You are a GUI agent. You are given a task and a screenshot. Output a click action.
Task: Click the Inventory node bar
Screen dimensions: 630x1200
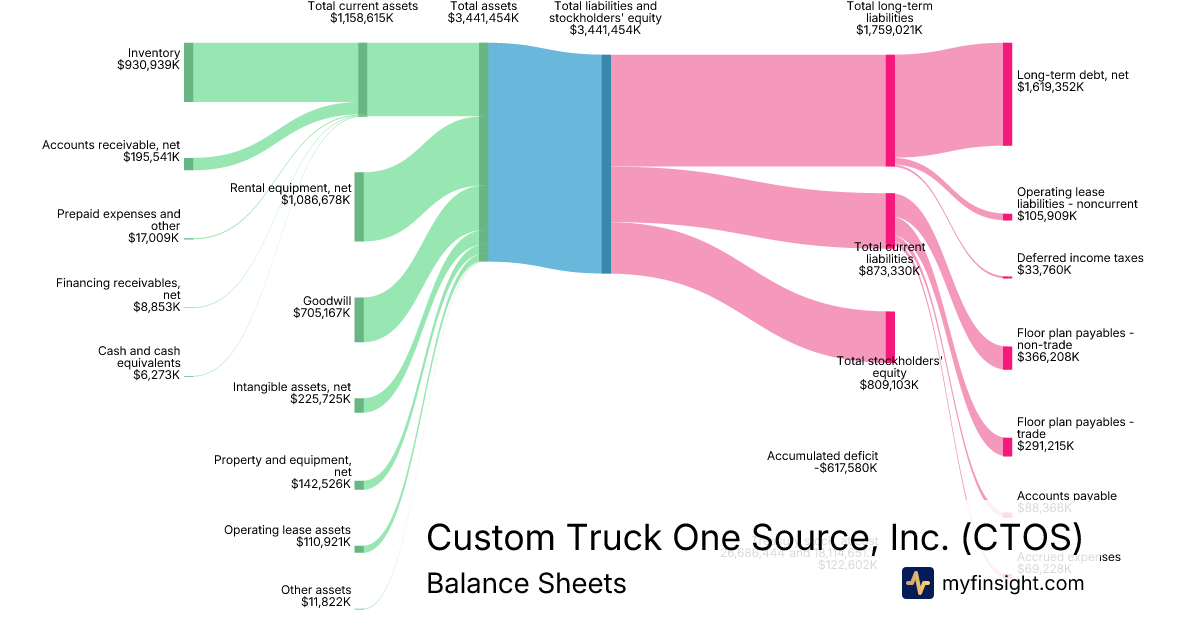click(x=188, y=72)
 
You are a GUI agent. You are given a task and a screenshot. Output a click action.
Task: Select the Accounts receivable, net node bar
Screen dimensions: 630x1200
click(x=188, y=163)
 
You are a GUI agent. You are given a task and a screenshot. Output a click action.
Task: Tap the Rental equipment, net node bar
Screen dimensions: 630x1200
click(x=359, y=206)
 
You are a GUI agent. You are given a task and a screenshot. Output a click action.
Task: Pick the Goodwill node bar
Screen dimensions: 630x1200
click(x=359, y=319)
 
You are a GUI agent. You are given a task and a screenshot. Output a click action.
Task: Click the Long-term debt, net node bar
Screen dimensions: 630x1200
click(x=1007, y=94)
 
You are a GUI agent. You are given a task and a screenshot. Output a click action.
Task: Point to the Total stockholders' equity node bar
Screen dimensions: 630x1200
click(x=890, y=334)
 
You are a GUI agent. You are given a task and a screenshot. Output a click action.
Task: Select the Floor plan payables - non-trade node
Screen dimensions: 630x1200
click(x=1007, y=358)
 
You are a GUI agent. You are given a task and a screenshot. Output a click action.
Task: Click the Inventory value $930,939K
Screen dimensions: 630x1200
click(x=148, y=66)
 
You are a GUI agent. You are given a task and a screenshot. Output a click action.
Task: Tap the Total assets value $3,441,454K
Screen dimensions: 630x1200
click(x=483, y=18)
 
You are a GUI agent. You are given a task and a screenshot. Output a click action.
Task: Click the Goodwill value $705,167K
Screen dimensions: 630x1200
click(x=322, y=313)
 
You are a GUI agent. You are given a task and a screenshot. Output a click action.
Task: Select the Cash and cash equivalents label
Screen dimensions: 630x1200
click(x=139, y=357)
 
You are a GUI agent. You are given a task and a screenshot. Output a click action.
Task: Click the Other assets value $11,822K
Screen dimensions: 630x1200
click(x=326, y=602)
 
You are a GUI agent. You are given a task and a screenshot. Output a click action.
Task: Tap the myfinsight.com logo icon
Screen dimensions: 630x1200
click(x=917, y=583)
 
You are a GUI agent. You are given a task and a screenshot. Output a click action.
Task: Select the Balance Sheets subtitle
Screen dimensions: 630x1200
click(x=526, y=583)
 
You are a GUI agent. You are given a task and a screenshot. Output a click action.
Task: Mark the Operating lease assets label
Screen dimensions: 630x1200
click(x=287, y=530)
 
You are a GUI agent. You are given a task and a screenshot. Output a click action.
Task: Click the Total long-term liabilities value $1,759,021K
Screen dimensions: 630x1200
click(x=889, y=30)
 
